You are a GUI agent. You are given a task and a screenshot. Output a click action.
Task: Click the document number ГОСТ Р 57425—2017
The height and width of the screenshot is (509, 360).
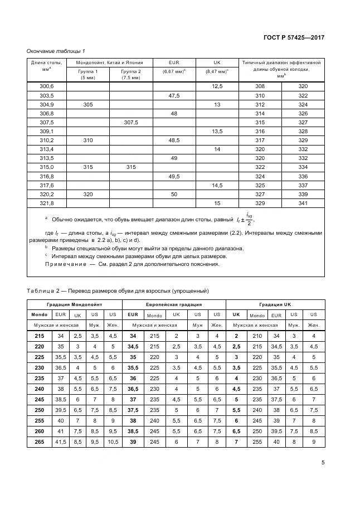(x=294, y=38)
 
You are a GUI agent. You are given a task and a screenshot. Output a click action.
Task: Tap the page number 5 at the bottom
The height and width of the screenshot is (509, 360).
(x=323, y=462)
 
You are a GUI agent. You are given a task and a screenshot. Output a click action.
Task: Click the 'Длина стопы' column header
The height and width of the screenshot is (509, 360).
(x=47, y=62)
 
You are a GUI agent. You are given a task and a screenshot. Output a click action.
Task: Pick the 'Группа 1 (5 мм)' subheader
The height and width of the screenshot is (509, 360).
(x=88, y=75)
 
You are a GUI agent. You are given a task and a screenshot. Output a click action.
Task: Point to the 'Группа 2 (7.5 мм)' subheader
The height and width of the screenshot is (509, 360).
(x=131, y=75)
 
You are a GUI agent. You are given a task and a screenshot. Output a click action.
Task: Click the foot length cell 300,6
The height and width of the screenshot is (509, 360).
(x=47, y=86)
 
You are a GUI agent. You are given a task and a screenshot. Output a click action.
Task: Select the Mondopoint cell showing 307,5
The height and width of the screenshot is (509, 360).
(x=131, y=122)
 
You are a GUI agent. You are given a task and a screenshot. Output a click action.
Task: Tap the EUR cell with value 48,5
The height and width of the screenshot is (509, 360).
(x=174, y=140)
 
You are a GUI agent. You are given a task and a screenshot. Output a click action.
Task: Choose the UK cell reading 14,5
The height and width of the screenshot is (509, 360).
(x=217, y=186)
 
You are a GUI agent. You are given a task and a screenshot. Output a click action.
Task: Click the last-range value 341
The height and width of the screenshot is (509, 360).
(x=303, y=203)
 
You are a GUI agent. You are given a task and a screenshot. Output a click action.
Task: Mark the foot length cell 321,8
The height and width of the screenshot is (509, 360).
(x=47, y=203)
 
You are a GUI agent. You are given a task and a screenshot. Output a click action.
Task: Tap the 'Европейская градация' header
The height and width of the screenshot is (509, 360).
(x=174, y=305)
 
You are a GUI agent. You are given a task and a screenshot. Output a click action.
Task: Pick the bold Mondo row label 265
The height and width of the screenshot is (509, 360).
(x=40, y=442)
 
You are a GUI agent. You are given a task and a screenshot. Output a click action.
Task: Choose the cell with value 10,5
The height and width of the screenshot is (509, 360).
(x=113, y=442)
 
